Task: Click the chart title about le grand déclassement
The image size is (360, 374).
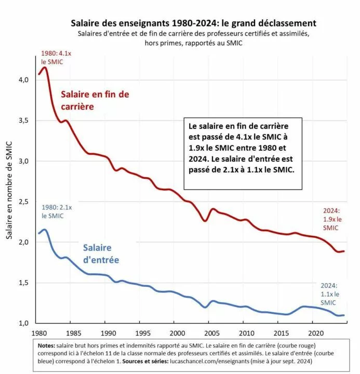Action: [x=193, y=23]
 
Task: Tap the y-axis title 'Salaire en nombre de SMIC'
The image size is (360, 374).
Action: [x=9, y=190]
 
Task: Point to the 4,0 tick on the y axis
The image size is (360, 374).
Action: [x=23, y=79]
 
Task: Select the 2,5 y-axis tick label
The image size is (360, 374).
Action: [x=23, y=202]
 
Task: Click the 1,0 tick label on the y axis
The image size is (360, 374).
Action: [x=23, y=323]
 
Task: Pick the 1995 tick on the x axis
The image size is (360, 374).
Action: [x=143, y=333]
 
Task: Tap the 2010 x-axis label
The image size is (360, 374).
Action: [x=247, y=333]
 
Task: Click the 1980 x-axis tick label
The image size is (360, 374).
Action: [x=39, y=333]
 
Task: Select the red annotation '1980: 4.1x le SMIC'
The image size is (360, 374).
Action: [x=56, y=58]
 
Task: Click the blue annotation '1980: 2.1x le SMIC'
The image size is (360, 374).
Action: [x=57, y=211]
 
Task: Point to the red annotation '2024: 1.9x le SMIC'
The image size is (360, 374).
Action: [x=332, y=219]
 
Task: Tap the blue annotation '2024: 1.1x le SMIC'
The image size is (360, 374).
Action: [x=330, y=294]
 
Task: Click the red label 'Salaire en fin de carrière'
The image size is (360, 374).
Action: [x=95, y=100]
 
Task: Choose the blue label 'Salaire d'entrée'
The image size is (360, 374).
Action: [x=101, y=254]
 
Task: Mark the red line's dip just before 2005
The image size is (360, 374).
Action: [x=205, y=221]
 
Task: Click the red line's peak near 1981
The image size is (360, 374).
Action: [x=44, y=68]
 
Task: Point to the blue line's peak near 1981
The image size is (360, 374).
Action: [x=44, y=230]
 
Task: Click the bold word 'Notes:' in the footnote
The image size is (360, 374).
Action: [x=46, y=345]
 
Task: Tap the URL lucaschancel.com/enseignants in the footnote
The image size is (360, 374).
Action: [x=209, y=361]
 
